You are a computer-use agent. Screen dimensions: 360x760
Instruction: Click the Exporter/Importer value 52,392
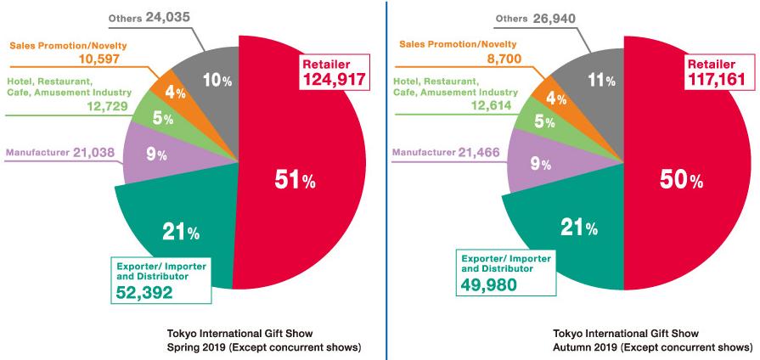[144, 293]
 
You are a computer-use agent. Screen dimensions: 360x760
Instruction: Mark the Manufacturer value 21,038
[95, 153]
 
